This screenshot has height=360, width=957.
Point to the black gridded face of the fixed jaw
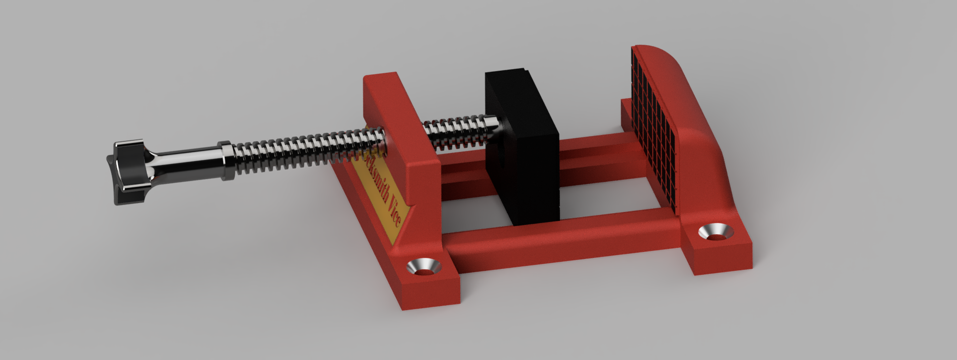coord(655,125)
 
